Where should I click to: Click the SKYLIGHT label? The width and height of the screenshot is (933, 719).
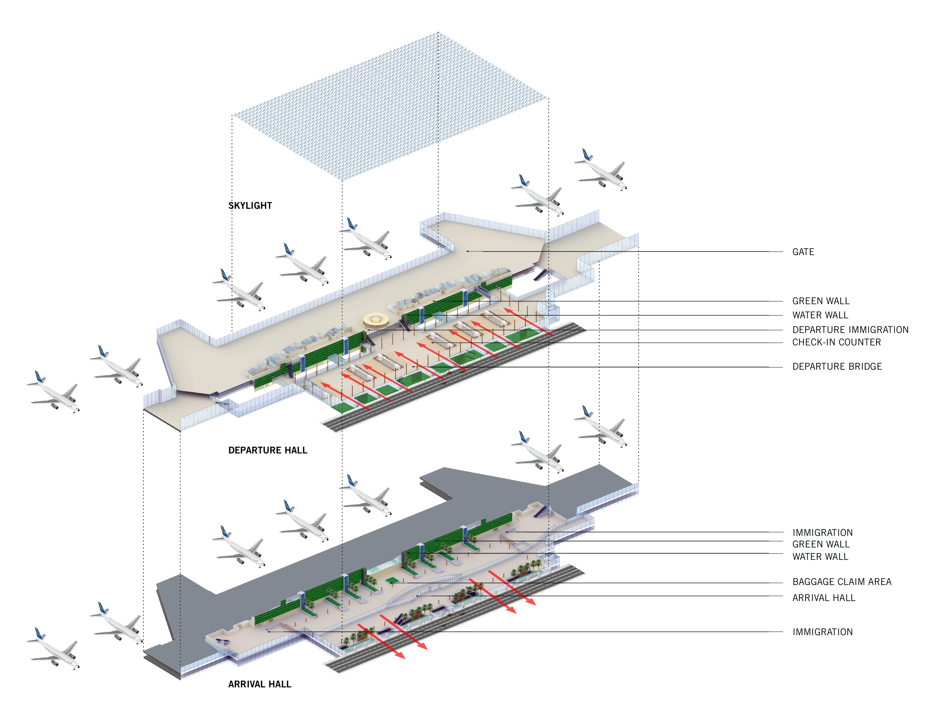click(250, 205)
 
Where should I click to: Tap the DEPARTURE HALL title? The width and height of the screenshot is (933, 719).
click(268, 450)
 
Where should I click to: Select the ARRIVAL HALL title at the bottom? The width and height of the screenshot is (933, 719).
click(260, 684)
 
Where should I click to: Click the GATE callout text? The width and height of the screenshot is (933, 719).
click(803, 252)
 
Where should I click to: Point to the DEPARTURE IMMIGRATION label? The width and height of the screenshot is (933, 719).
click(850, 330)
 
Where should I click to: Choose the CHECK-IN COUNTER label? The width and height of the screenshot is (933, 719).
click(836, 342)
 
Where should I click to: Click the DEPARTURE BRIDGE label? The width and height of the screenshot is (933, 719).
click(837, 367)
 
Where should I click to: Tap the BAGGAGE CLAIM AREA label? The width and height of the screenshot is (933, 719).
click(842, 582)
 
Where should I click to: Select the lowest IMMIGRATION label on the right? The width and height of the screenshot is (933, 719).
click(822, 632)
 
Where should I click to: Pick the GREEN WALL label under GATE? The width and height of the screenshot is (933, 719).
click(821, 301)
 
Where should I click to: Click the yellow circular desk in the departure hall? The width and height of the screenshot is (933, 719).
click(376, 319)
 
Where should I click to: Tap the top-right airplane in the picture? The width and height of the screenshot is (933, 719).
click(601, 170)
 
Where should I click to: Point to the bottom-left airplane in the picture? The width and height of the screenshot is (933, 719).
click(53, 648)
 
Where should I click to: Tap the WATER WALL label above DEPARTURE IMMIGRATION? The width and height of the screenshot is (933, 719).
click(820, 315)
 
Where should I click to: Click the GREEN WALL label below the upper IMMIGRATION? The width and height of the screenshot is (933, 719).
click(821, 544)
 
